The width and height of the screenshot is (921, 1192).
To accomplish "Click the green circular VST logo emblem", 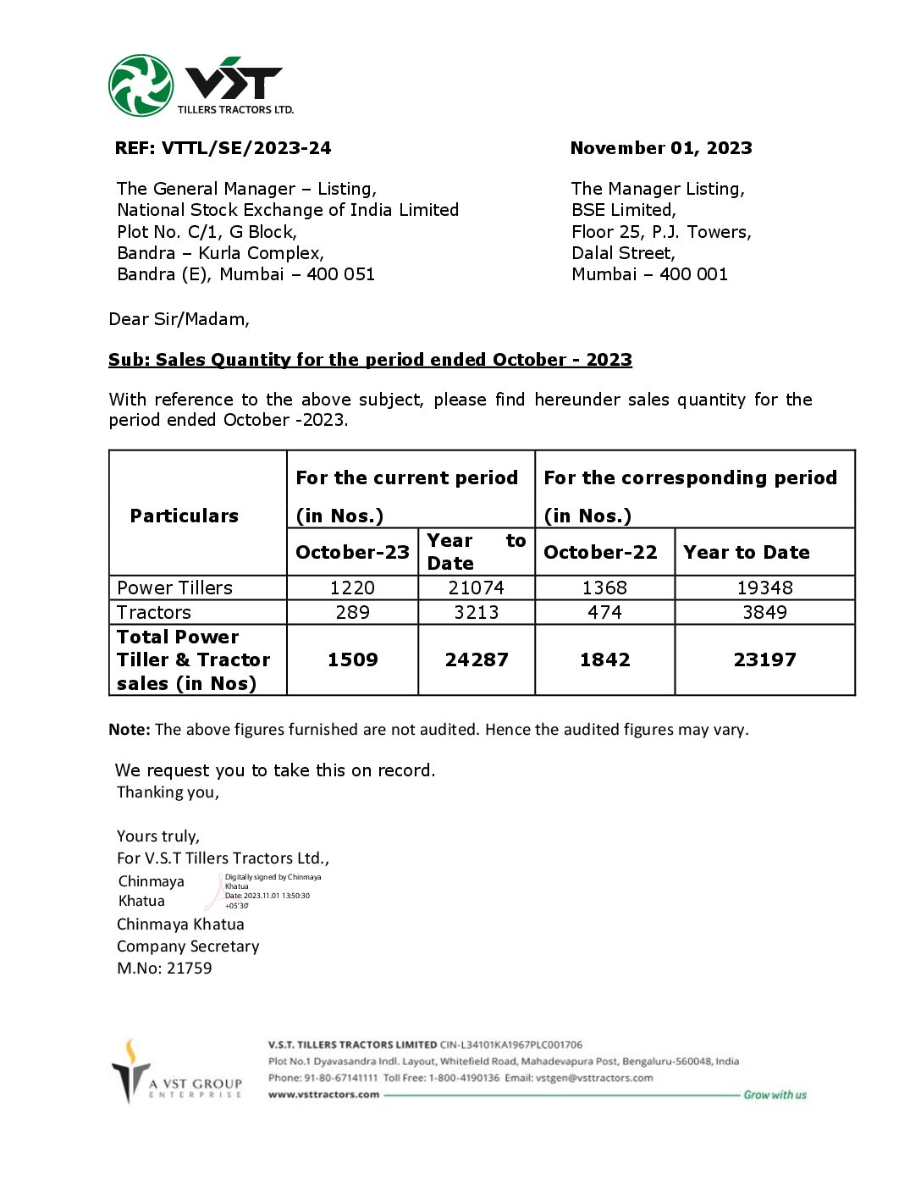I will tap(141, 86).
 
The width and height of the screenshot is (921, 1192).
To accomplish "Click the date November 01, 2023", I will tap(660, 148).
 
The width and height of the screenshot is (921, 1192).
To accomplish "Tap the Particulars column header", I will tap(184, 516).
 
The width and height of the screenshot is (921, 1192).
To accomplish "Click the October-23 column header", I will tap(352, 552).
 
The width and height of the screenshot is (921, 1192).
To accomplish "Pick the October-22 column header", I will tap(600, 552).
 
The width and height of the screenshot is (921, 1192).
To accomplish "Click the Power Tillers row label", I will tap(174, 588).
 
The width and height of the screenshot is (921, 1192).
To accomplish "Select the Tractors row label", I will tap(154, 612).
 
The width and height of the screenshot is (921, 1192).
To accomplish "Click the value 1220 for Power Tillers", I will tap(352, 588).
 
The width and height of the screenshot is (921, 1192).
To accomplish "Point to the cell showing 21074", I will tap(476, 588).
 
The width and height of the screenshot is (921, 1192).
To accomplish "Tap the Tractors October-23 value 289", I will tap(352, 612).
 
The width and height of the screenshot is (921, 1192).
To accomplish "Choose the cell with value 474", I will tap(604, 612).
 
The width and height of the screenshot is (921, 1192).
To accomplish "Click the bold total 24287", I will tap(476, 659).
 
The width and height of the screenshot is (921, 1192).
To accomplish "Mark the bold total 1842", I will tap(604, 659).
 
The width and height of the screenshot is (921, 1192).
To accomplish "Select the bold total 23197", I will tap(764, 659).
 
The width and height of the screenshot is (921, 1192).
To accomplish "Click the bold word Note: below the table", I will tap(130, 730).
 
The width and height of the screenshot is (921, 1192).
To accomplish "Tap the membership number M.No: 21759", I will tap(164, 968).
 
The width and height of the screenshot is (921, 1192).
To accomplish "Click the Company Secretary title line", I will tap(188, 946).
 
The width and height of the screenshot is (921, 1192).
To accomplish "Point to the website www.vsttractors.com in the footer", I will tap(323, 1095).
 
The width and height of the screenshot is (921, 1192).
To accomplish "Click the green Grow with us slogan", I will tap(775, 1095).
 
